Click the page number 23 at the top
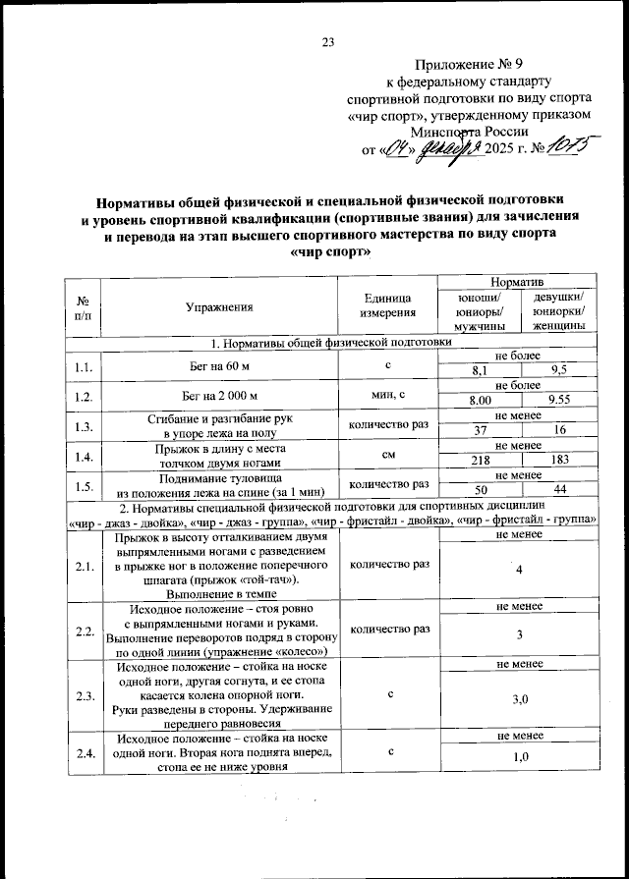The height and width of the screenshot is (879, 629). point(328,41)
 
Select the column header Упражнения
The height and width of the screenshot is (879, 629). point(219,307)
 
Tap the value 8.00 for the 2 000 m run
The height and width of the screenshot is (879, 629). point(479,401)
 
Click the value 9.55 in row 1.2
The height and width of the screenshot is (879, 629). point(561,401)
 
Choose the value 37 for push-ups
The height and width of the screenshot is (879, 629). point(479,430)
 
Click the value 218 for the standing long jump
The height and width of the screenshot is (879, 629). point(479,460)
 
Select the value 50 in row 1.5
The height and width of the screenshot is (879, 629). point(479,489)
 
